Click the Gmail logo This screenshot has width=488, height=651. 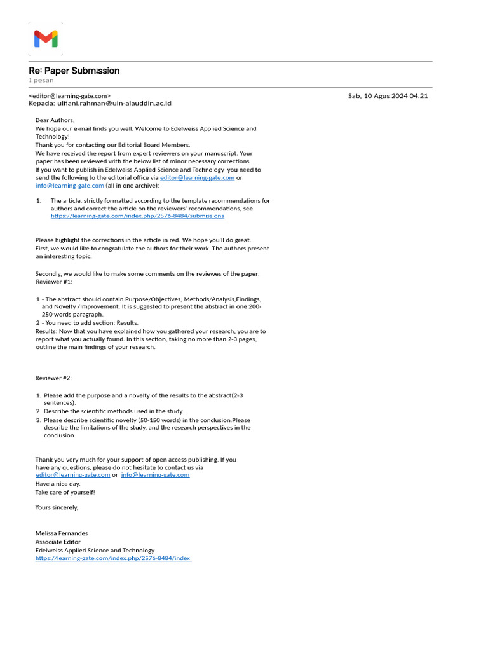click(x=46, y=39)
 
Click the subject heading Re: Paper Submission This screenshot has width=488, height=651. click(x=74, y=71)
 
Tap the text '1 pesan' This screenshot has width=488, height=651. click(x=41, y=81)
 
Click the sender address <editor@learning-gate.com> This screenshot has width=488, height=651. click(x=69, y=96)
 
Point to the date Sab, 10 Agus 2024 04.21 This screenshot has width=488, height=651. click(x=388, y=96)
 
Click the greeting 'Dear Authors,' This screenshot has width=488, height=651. click(x=55, y=120)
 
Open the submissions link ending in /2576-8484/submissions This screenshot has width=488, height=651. click(x=137, y=216)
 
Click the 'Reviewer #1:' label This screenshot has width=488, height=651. click(x=54, y=282)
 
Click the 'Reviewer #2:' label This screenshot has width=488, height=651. click(x=54, y=378)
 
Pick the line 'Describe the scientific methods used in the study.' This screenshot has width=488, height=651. click(x=113, y=411)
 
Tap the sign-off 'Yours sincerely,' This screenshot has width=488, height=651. click(x=57, y=507)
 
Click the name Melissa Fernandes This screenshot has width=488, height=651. click(x=62, y=533)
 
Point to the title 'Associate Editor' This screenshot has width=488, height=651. click(x=58, y=542)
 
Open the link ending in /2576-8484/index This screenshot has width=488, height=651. click(x=112, y=558)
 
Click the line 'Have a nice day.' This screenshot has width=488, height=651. click(x=58, y=484)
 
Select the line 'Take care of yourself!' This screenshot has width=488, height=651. click(x=65, y=492)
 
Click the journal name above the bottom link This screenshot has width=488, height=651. click(x=95, y=551)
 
